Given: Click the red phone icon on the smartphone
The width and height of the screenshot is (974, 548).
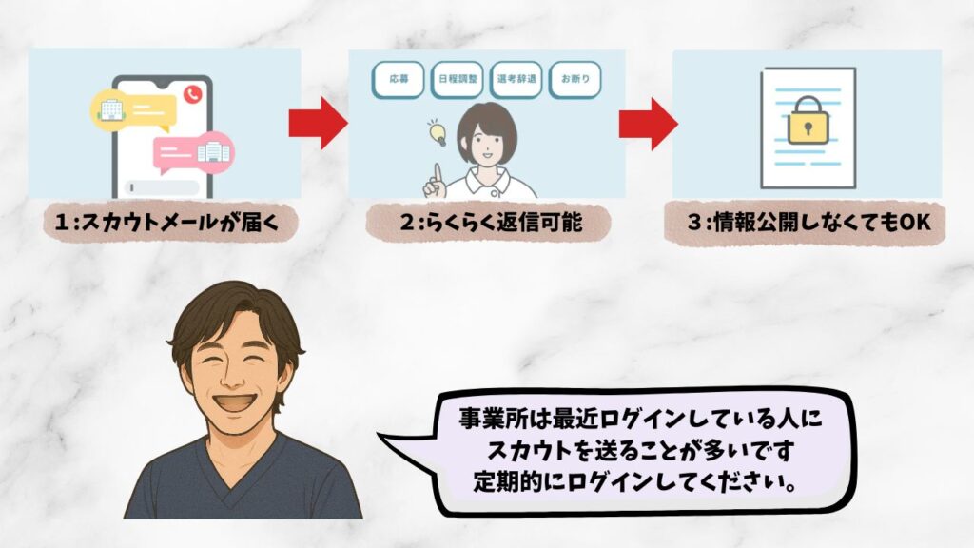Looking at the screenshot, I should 193,93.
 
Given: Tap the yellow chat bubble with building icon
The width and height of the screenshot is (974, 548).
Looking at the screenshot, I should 132,110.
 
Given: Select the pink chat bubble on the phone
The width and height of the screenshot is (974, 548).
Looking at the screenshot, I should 194,151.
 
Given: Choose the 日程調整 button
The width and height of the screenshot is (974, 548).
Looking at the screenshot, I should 458,80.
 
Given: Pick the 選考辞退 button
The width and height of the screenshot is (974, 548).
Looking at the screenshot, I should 517,80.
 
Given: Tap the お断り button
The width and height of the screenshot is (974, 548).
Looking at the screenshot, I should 575,80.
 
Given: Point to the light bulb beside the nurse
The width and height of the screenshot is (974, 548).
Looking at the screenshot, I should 438,131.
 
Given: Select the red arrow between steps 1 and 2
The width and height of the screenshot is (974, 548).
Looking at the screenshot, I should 318,122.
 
